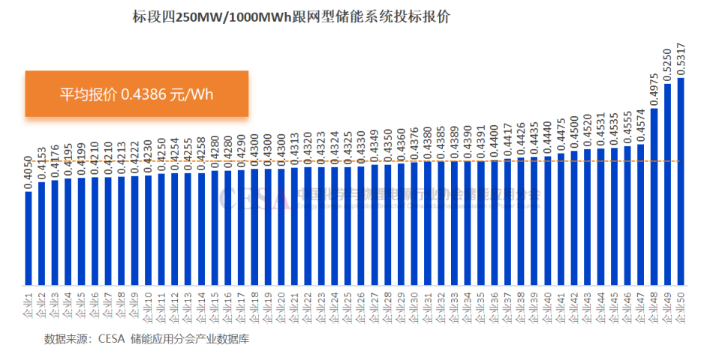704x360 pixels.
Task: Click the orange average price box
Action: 137,94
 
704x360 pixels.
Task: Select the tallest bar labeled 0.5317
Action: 681,180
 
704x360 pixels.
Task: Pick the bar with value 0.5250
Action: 667,184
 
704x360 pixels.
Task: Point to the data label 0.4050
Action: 29,172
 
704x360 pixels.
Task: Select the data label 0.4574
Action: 641,124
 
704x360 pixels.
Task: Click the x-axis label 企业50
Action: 681,307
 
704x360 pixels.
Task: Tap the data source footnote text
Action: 146,338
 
